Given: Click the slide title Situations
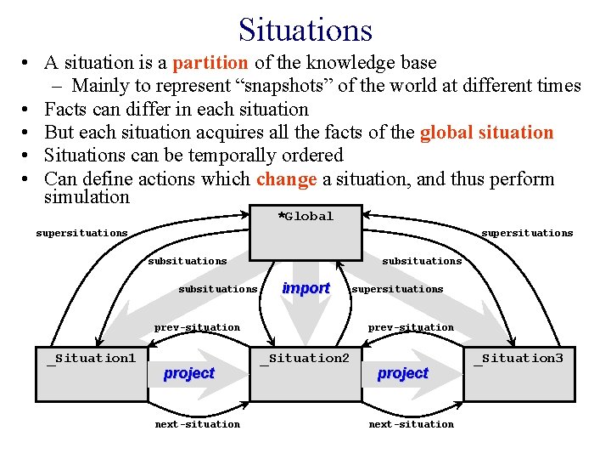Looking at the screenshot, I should click(x=305, y=30).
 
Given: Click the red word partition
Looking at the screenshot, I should click(x=210, y=62).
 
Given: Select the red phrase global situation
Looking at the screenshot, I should click(x=487, y=133).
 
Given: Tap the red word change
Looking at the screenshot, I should click(x=286, y=179).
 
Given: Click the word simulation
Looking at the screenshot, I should click(x=87, y=197).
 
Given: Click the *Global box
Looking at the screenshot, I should click(x=305, y=231).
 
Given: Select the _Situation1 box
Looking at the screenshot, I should click(x=91, y=372).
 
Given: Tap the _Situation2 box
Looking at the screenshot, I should click(x=305, y=372).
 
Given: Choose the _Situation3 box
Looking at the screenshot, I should click(x=519, y=372).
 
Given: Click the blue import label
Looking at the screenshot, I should click(x=305, y=288).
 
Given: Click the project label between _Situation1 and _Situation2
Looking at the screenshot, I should click(x=189, y=373).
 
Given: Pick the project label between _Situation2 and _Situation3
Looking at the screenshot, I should click(x=403, y=373).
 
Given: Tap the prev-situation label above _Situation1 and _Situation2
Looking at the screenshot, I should click(x=197, y=327).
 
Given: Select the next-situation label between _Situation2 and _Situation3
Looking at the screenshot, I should click(x=411, y=424).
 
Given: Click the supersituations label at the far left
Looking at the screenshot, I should click(x=81, y=233).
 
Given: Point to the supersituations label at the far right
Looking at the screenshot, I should click(x=527, y=233).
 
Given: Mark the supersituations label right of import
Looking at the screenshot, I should click(x=397, y=289).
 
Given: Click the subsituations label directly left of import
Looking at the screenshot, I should click(x=217, y=289).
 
